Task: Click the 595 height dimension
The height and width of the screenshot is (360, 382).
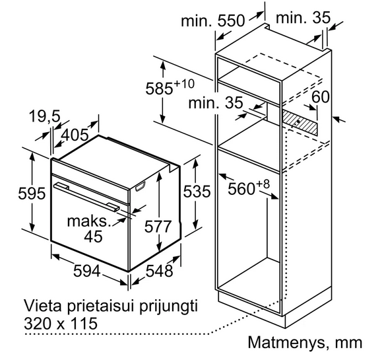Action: click(x=32, y=194)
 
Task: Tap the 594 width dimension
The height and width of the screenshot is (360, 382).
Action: click(x=87, y=271)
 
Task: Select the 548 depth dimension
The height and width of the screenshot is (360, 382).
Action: click(x=159, y=271)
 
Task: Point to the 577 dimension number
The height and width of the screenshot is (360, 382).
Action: click(x=158, y=227)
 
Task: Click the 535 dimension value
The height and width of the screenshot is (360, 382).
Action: click(x=197, y=191)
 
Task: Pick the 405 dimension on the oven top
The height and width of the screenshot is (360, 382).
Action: click(x=75, y=135)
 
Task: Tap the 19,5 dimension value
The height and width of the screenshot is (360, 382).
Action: click(x=45, y=116)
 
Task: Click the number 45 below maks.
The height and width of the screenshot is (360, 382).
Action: click(x=93, y=236)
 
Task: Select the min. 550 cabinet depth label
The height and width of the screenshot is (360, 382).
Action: click(x=212, y=20)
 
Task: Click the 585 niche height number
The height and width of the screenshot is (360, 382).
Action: click(x=159, y=89)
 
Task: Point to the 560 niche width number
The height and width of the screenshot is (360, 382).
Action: click(x=241, y=188)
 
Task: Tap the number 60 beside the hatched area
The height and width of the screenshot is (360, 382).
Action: click(x=321, y=96)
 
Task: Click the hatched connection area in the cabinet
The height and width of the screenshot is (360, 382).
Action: click(x=300, y=123)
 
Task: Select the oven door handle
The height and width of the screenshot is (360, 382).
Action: click(x=86, y=196)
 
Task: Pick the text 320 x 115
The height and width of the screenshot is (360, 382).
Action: click(x=61, y=323)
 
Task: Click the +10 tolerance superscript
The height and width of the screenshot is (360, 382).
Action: click(x=184, y=84)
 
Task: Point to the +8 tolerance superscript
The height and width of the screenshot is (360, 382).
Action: click(x=263, y=184)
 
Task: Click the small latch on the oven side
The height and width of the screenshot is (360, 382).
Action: click(x=140, y=186)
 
